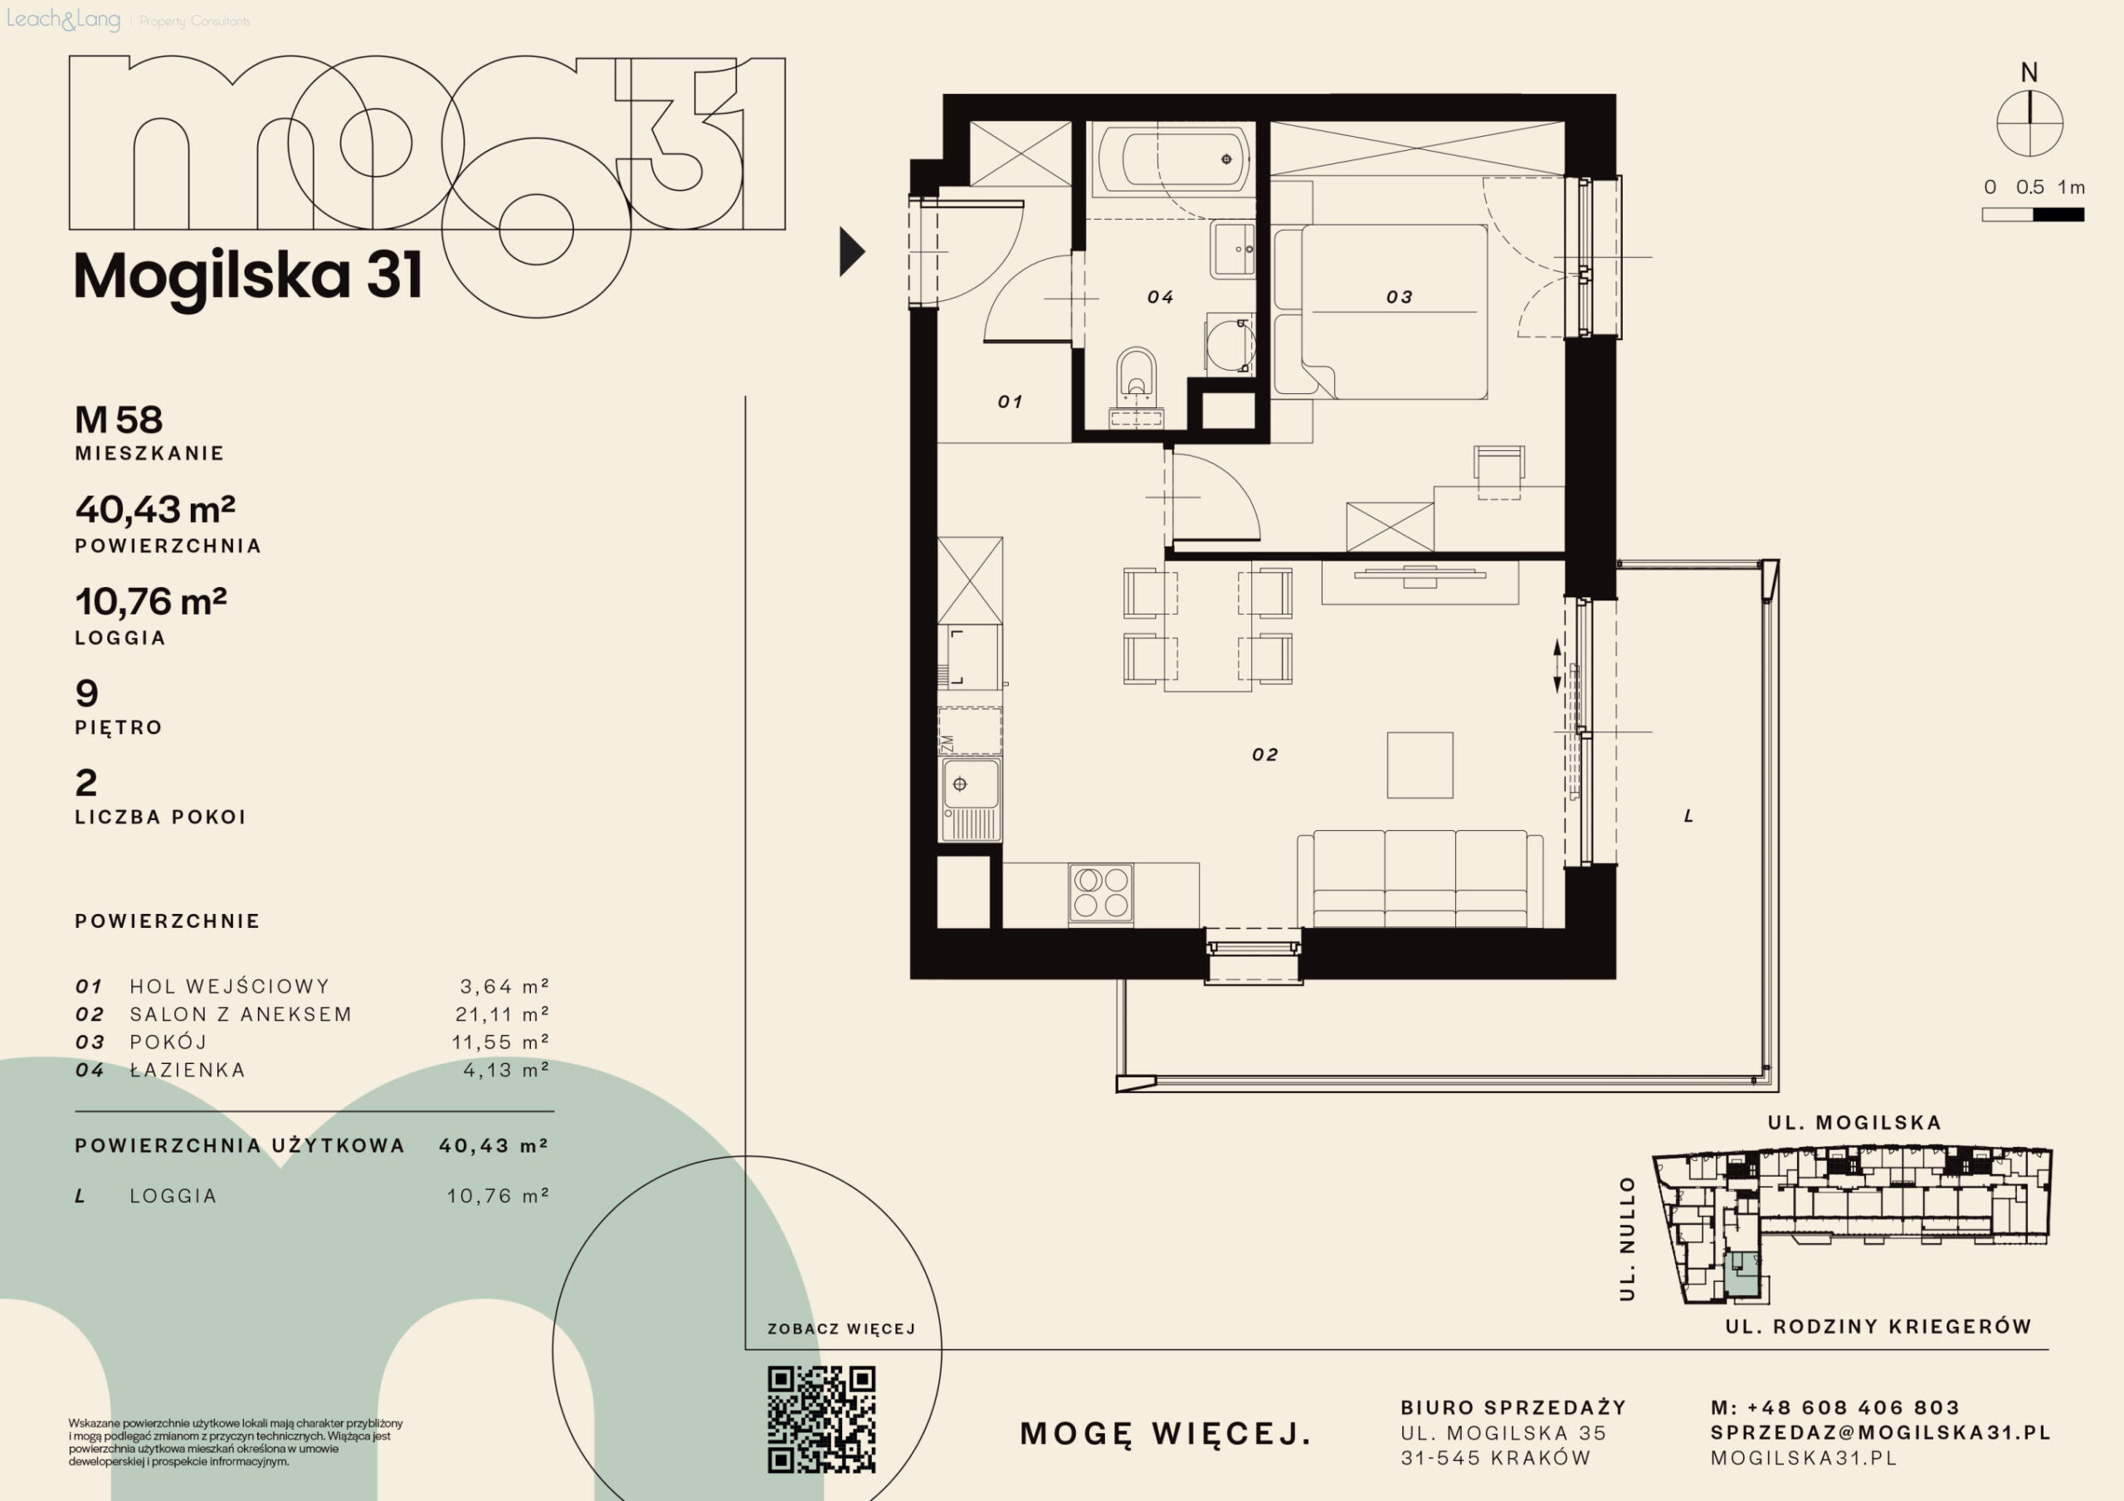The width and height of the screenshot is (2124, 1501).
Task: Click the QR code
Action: coord(821,1419)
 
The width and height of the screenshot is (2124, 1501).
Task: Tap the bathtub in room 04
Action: coord(1173,159)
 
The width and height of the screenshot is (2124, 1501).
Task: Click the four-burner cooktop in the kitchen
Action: coord(1101,892)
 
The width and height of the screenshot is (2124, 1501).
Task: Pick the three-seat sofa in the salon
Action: coord(1420,878)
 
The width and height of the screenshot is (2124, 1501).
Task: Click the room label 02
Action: coord(1264,755)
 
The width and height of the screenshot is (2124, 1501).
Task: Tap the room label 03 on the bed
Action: coord(1399,297)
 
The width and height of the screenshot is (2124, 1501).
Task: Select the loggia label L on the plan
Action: coord(1688,816)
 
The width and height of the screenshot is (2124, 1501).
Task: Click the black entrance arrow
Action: coord(851,251)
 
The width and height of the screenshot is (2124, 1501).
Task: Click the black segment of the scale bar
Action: coord(2058,215)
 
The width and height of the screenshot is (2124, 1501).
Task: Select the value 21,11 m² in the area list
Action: coord(502,1013)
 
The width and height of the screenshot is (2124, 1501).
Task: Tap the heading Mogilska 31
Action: coord(248,275)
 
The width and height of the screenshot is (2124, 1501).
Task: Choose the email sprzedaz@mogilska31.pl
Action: coord(1880,1432)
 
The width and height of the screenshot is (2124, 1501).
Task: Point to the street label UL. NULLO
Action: coord(1627,1238)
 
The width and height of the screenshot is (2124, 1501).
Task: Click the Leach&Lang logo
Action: coord(64,19)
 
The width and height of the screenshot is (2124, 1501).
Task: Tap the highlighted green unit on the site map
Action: coord(1742,1275)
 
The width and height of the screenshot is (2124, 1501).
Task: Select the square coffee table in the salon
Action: coord(1420,765)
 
